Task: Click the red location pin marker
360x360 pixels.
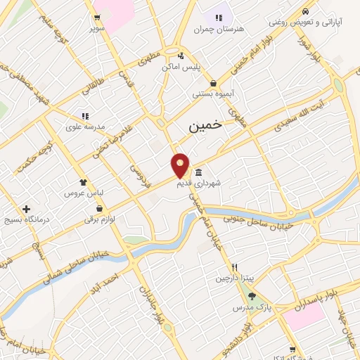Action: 181,165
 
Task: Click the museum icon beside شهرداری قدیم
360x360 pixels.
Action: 199,173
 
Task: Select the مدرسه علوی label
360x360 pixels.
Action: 86,127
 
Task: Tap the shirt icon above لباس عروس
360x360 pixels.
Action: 84,182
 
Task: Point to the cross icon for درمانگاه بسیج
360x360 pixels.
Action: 26,209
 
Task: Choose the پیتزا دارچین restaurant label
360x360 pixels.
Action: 234,278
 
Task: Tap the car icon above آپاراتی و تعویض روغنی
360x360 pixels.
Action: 305,12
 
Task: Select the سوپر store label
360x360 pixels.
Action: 96,28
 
